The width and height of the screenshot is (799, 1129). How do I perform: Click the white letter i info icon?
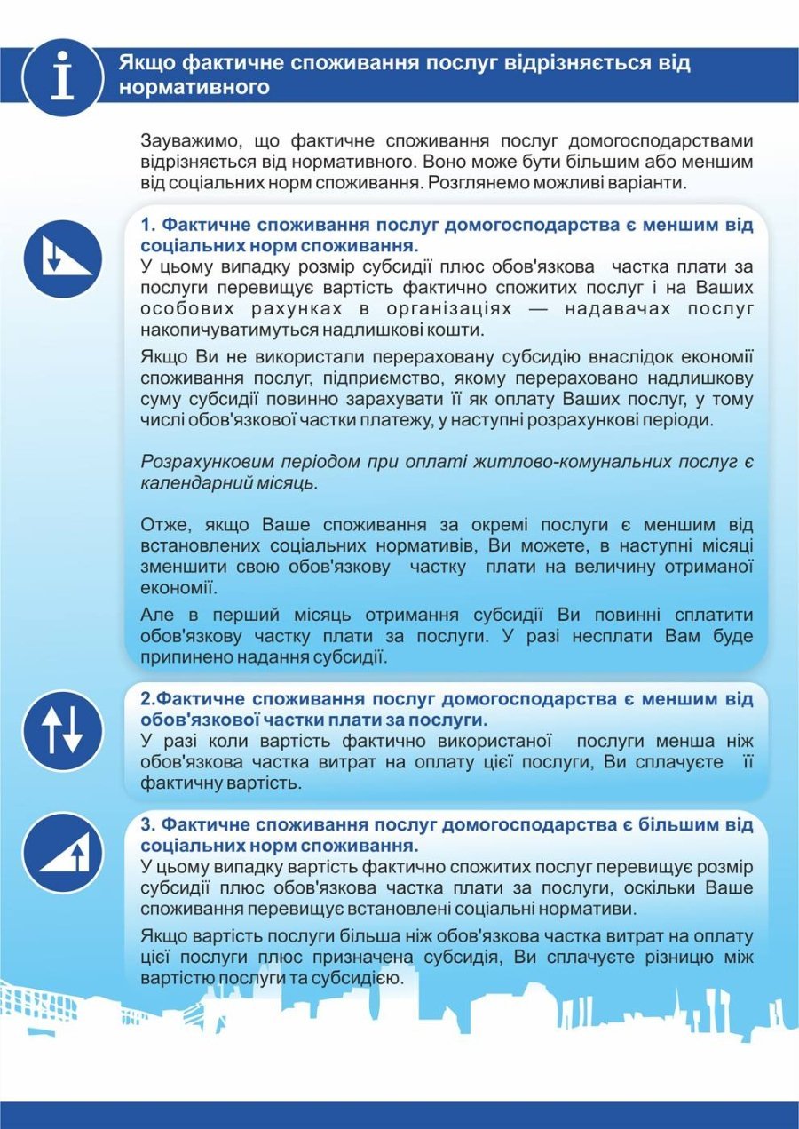click(x=62, y=76)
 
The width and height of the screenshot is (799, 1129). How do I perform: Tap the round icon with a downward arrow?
click(x=62, y=258)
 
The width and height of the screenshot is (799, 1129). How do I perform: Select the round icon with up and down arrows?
click(x=62, y=730)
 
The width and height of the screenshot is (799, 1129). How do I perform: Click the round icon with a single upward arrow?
click(x=62, y=853)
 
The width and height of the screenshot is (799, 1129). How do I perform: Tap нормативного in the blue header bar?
click(x=194, y=89)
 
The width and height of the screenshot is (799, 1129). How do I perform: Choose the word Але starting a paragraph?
click(x=159, y=615)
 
